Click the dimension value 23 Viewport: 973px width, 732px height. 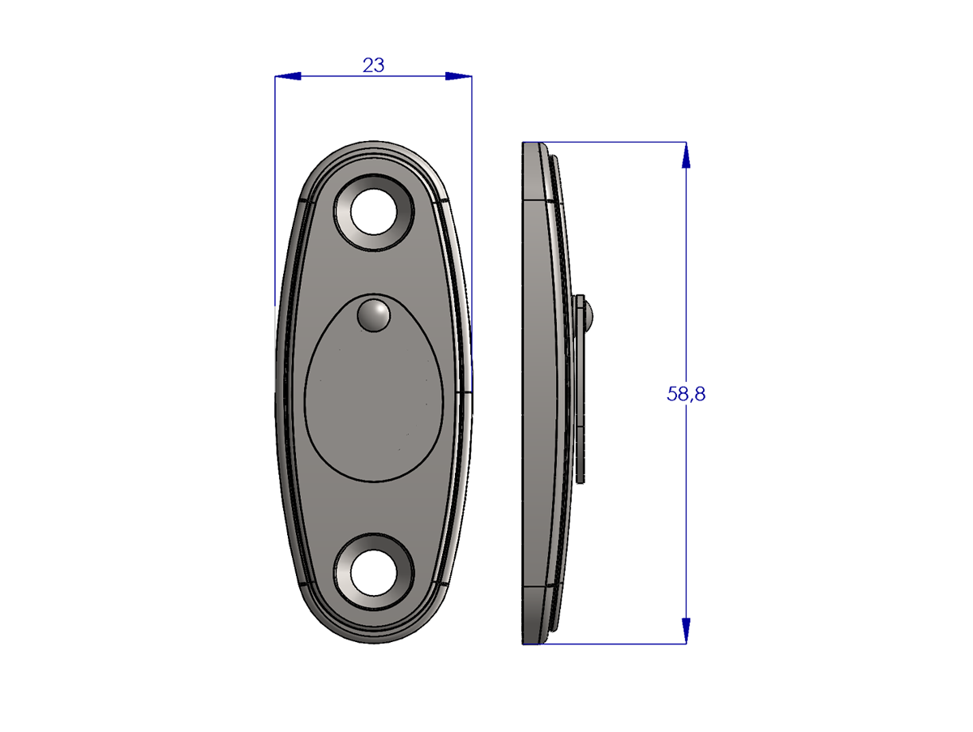coord(373,66)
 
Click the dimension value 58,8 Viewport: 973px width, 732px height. coord(686,393)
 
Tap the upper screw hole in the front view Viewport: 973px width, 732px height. coord(374,212)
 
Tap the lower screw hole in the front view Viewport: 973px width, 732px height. coord(374,573)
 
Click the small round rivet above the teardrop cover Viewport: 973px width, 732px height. coord(374,315)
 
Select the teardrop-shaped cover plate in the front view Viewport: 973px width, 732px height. coord(374,387)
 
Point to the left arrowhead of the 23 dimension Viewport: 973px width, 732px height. coord(288,76)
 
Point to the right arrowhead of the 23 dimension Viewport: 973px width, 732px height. coord(458,76)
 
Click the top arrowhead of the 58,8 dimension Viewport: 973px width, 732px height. coord(686,156)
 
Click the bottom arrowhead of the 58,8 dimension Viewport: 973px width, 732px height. coord(686,631)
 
